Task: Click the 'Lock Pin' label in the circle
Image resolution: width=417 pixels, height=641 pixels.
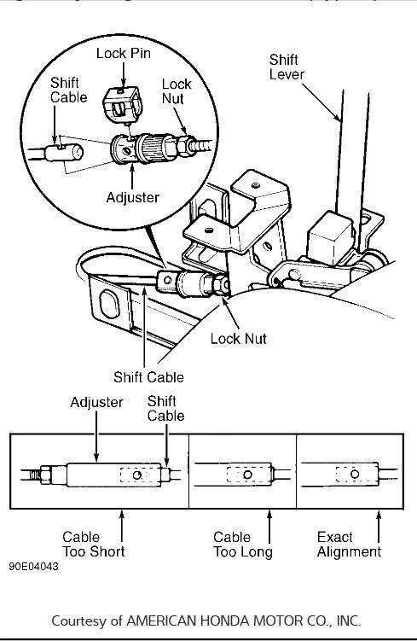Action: coord(124,53)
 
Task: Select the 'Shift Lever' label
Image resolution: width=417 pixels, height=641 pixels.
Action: coord(286,67)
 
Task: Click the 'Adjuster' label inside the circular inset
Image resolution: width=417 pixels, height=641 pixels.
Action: coord(132,196)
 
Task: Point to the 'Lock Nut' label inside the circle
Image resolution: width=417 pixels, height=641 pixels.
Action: coord(177,93)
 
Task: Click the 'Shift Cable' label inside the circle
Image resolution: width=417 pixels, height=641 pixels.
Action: coord(68,90)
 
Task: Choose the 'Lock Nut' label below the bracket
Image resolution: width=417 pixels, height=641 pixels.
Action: coord(238,339)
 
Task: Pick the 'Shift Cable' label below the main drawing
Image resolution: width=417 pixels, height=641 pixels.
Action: coord(148,377)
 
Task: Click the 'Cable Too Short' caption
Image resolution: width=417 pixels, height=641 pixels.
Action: coord(93,545)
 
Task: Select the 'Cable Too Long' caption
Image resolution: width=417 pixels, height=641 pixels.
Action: coord(242,545)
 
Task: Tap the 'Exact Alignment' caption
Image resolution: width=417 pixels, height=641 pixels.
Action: coord(348,545)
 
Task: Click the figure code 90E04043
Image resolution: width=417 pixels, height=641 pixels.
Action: coord(36,566)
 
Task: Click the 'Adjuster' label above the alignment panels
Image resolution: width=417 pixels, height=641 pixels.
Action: coord(96,402)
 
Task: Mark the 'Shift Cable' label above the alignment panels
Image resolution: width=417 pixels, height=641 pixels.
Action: coord(165,408)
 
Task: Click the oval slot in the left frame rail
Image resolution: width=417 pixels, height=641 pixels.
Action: coord(112,305)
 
